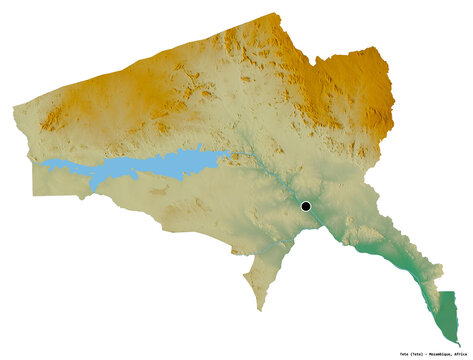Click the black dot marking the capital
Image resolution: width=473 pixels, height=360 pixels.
[x=306, y=207]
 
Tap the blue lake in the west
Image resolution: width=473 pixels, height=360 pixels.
[x=150, y=166]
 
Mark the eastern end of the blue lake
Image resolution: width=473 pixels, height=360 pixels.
[x=232, y=153]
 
